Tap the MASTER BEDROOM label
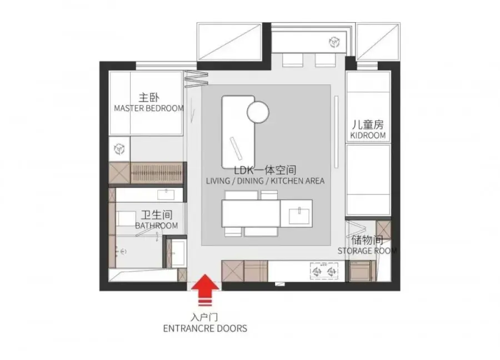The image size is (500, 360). (x=149, y=108)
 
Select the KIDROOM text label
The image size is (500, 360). (x=368, y=136)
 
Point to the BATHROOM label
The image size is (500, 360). (x=157, y=226)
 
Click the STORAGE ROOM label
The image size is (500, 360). (x=367, y=251)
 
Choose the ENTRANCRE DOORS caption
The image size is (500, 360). (x=205, y=328)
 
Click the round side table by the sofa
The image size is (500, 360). (x=258, y=112)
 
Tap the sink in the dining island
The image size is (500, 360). (x=299, y=216)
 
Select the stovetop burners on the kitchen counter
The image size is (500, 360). (x=324, y=271)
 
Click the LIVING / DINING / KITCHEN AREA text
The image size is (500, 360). (x=266, y=181)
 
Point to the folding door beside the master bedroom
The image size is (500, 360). (x=196, y=79)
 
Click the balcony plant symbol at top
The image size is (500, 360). (x=334, y=42)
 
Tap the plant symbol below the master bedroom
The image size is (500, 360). (x=119, y=149)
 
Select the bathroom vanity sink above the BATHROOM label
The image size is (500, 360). (x=166, y=194)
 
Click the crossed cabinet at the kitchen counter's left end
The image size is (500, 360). (x=233, y=271)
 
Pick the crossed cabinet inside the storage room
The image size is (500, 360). (x=383, y=229)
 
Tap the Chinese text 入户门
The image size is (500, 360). (x=204, y=317)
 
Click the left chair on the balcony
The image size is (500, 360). (x=292, y=60)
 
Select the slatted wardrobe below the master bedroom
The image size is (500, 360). (x=157, y=173)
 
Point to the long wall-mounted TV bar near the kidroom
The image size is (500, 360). (x=336, y=132)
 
